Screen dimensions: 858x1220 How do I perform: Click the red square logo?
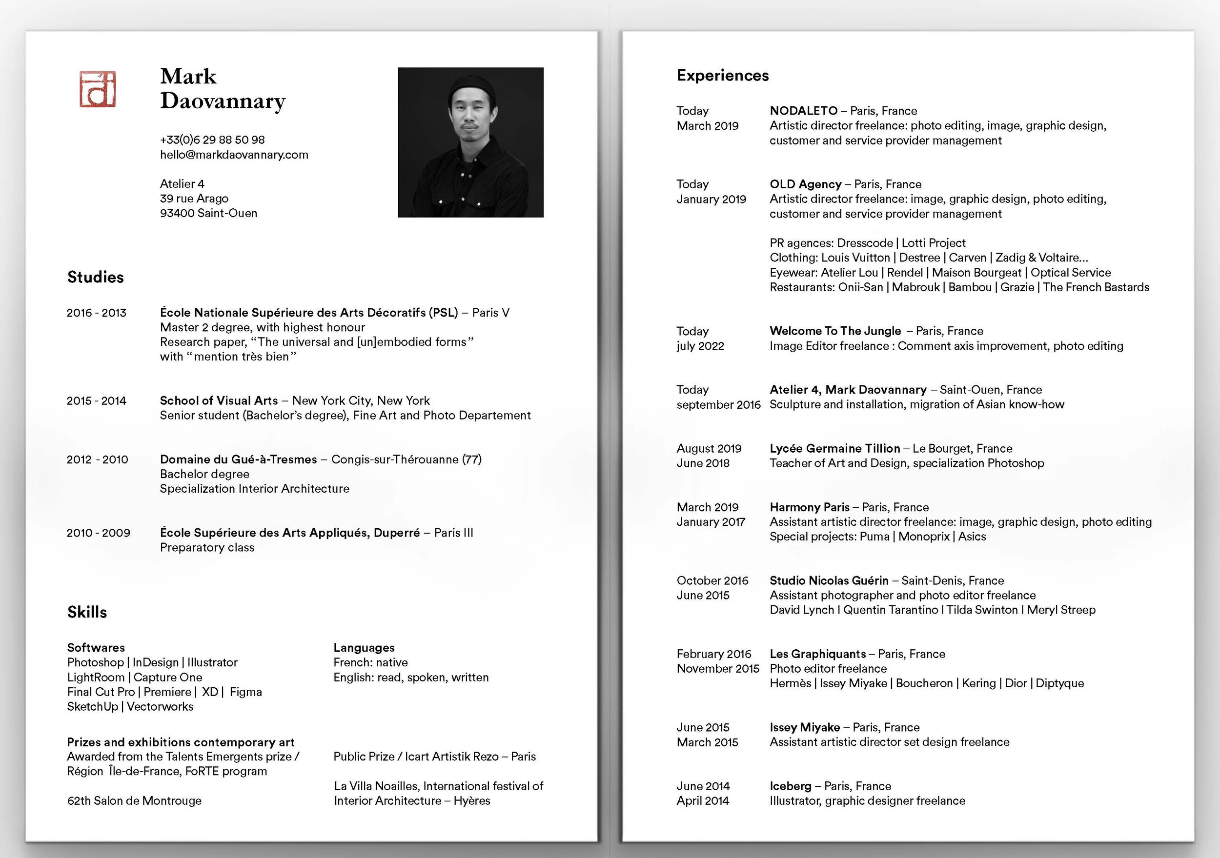tap(98, 89)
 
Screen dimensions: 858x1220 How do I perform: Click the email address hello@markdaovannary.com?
tap(234, 155)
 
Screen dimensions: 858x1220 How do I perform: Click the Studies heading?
tap(95, 277)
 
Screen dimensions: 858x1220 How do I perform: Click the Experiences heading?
tap(723, 76)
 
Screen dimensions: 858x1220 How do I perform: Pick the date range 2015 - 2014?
tap(96, 400)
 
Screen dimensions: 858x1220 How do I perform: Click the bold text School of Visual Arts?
tap(219, 400)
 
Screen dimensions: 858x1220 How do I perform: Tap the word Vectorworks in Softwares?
tap(160, 707)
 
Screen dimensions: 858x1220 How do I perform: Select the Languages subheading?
tap(364, 648)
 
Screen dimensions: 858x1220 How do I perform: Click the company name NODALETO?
tap(803, 111)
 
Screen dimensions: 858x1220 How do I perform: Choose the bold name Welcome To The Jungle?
tap(835, 331)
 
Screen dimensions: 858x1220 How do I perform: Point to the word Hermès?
tap(790, 683)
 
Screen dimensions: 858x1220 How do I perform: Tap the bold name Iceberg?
tap(790, 786)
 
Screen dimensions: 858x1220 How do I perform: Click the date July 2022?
tap(700, 346)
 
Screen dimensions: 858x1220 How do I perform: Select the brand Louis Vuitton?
tap(855, 258)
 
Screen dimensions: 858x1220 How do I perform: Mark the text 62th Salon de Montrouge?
tap(134, 800)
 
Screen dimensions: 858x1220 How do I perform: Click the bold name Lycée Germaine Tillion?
tap(835, 448)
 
